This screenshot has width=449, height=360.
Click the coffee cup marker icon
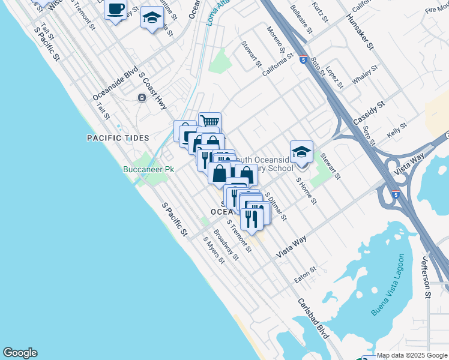(x=116, y=10)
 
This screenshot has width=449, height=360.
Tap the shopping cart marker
(x=209, y=122)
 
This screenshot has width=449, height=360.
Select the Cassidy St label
(x=368, y=113)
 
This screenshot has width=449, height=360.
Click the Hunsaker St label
(x=360, y=33)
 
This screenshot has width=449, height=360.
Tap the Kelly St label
(x=397, y=130)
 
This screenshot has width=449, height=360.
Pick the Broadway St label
(x=226, y=247)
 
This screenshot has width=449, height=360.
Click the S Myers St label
(x=213, y=250)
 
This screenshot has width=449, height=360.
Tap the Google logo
(x=20, y=353)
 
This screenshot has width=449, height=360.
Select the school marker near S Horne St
(x=301, y=151)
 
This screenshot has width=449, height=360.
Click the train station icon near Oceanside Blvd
(x=142, y=98)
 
